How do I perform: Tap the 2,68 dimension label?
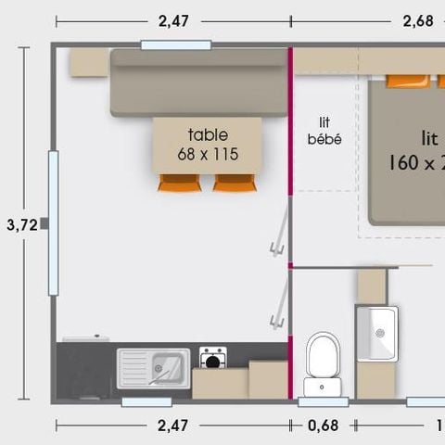pos(418,20)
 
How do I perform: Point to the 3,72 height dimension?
pos(21,223)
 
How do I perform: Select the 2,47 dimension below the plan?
pos(172,426)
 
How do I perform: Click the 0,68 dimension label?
pos(323,426)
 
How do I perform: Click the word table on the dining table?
pos(208,135)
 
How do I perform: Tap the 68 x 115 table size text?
pos(208,154)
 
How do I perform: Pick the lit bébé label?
pos(324,131)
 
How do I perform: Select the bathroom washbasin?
pos(377,332)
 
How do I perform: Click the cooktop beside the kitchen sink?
pos(213,357)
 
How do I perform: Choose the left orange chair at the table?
pos(179,182)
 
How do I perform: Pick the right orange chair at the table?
pos(233,182)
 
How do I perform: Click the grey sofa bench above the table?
pos(199,82)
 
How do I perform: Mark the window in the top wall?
pos(175,44)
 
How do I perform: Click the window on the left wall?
pos(53,222)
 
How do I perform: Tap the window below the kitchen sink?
pos(146,401)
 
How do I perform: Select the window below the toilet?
pos(323,401)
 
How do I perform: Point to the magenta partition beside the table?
pos(290,121)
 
